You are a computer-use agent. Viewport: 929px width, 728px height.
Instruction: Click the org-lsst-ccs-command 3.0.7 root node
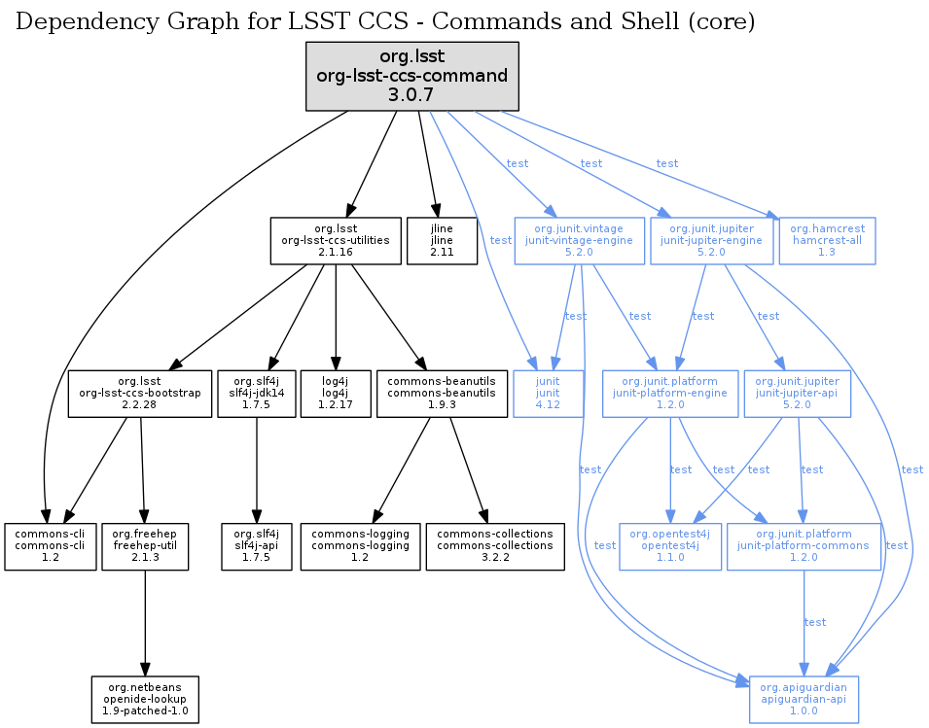point(412,75)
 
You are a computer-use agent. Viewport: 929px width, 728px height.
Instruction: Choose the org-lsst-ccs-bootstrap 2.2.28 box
point(140,393)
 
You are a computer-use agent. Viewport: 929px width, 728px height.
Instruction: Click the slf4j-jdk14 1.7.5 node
point(256,393)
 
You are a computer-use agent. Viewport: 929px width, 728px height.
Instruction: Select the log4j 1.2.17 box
point(336,393)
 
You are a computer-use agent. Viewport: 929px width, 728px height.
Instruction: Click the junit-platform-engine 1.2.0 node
point(670,393)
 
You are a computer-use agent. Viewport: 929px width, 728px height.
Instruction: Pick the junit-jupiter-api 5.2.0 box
point(797,393)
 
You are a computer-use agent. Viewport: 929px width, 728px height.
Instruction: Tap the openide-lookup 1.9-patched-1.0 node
point(145,699)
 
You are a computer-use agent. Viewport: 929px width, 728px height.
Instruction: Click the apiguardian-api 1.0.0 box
point(804,699)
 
